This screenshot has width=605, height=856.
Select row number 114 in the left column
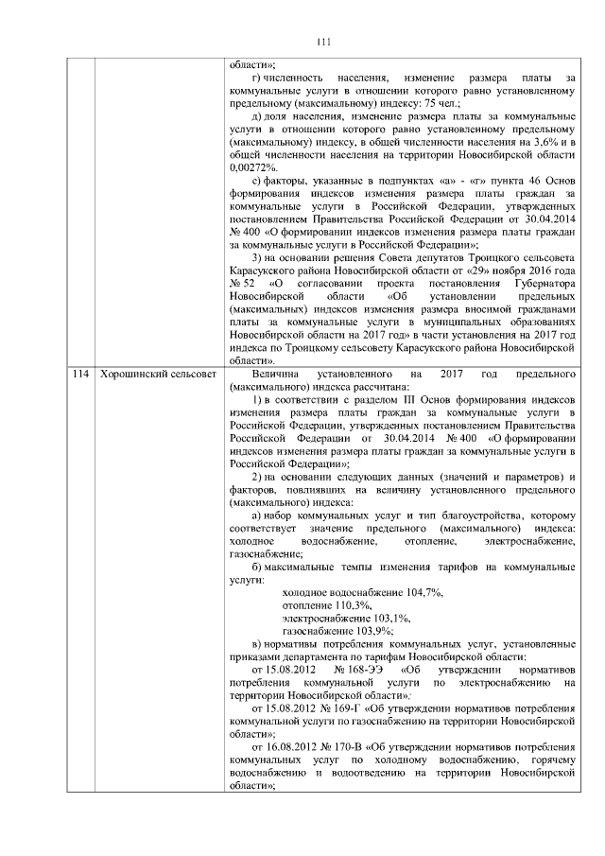tap(78, 376)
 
